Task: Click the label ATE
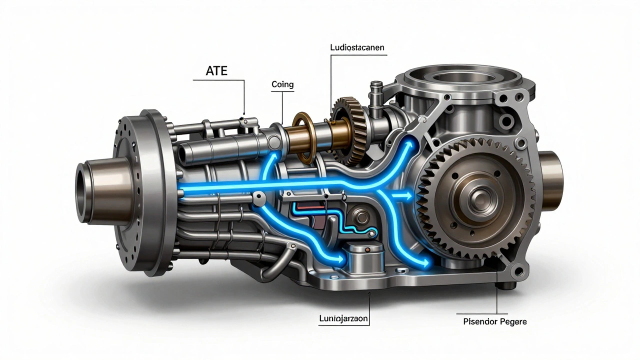(x=216, y=70)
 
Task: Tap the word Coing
(x=282, y=84)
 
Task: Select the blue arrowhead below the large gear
(x=425, y=261)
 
